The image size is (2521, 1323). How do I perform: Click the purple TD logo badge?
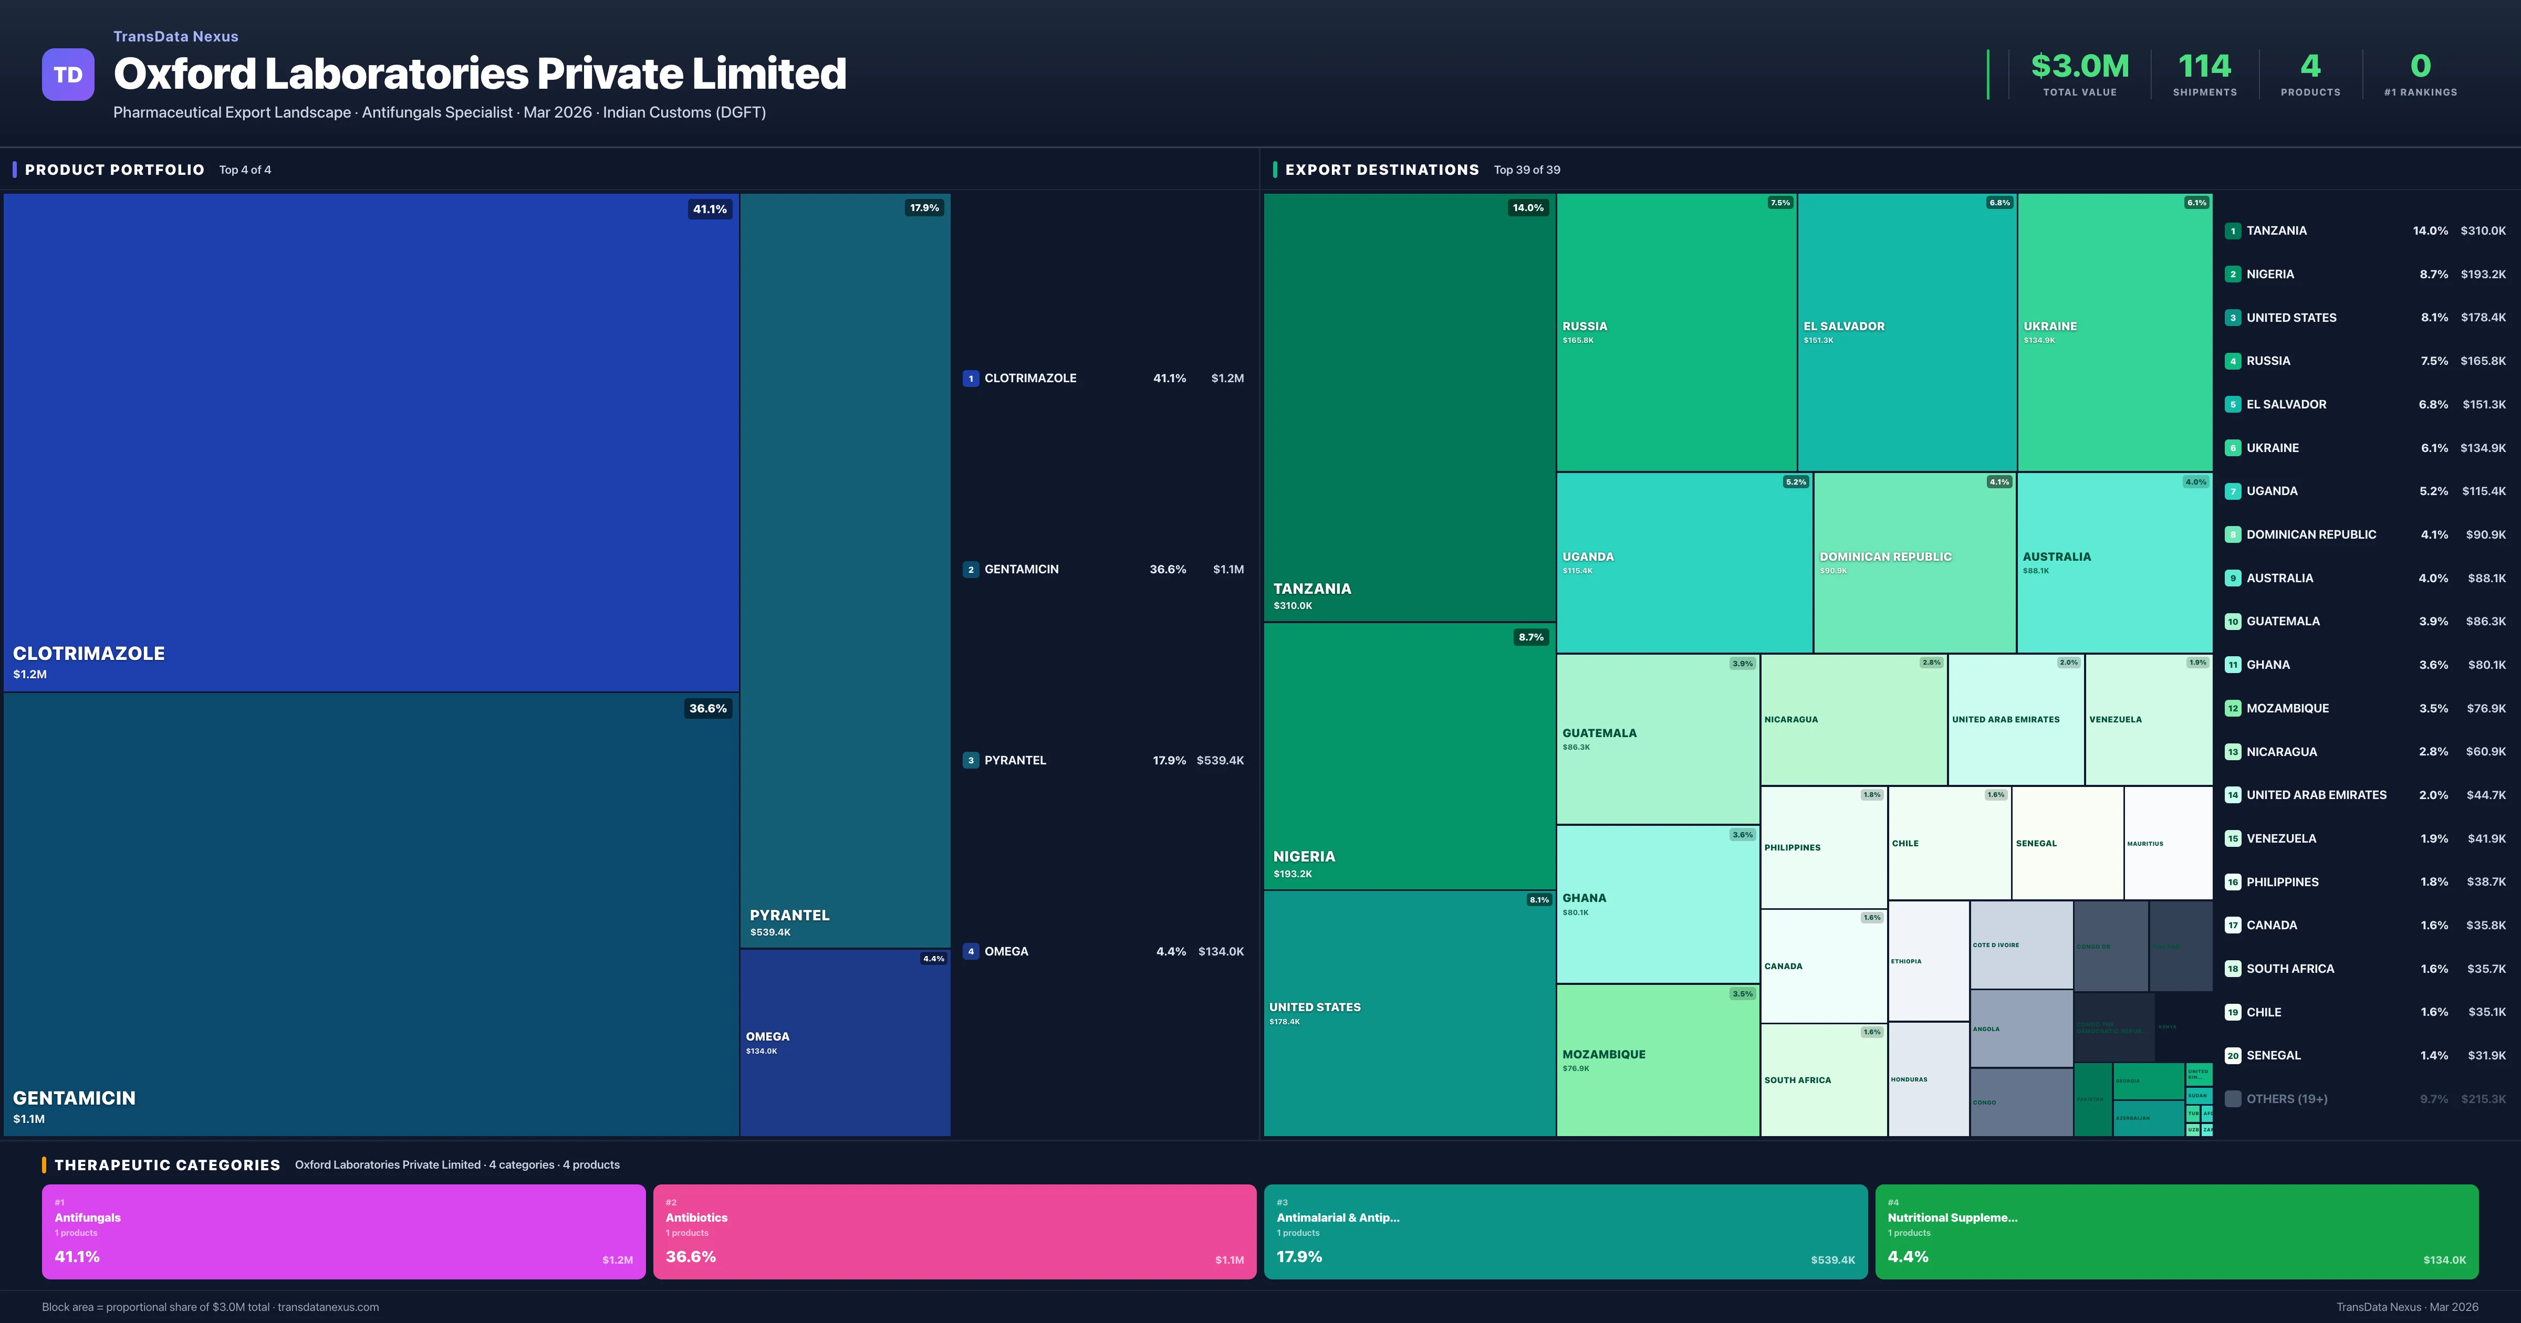tap(68, 75)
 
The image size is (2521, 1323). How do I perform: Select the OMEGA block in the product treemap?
tap(845, 1042)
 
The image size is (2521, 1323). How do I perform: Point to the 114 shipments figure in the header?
tap(2204, 67)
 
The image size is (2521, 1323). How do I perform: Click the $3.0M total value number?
tap(2080, 67)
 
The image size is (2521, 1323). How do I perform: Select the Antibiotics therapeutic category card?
tap(954, 1231)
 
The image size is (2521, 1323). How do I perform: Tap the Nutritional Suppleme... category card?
tap(2175, 1231)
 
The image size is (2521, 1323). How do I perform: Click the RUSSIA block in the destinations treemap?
tap(1675, 333)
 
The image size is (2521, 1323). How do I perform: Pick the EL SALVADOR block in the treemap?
tap(1907, 333)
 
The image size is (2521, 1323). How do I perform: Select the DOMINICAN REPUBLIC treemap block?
tap(1913, 563)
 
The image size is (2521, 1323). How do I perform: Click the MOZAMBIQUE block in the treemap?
tap(1657, 1060)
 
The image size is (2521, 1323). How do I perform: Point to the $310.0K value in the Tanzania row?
tap(2483, 231)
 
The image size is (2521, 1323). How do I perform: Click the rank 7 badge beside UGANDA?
tap(2232, 491)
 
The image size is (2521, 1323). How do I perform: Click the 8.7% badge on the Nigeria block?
tap(1530, 637)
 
